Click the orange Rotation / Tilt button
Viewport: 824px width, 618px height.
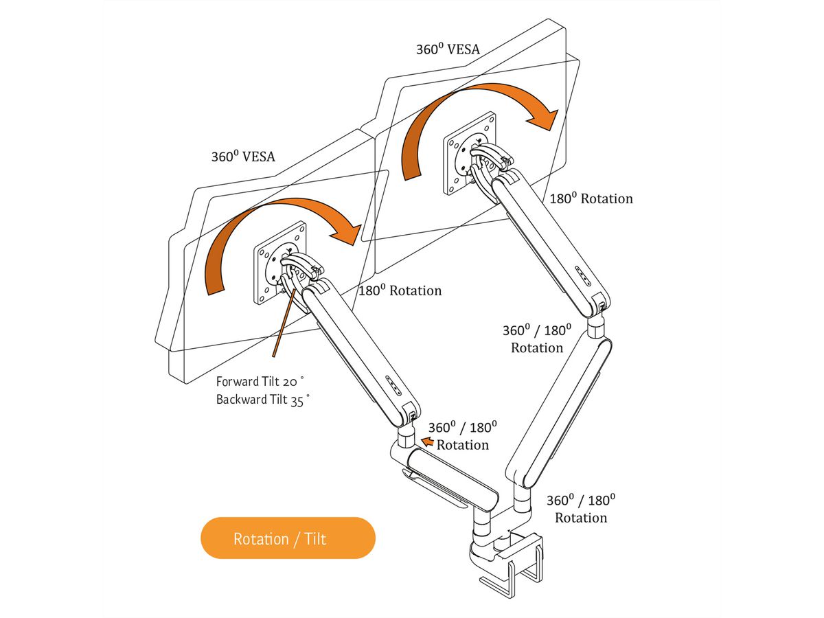point(288,538)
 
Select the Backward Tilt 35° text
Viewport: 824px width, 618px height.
point(263,400)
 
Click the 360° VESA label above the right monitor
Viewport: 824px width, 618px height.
point(448,49)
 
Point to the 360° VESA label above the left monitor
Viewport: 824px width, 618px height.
point(242,157)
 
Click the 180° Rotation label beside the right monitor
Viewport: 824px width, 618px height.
point(591,198)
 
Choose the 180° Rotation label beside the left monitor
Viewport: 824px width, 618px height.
point(400,290)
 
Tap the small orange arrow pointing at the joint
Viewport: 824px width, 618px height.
point(427,442)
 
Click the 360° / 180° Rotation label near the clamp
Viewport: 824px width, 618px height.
point(581,509)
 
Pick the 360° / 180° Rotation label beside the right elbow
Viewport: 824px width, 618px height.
point(537,339)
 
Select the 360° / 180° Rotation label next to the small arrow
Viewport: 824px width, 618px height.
point(462,436)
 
